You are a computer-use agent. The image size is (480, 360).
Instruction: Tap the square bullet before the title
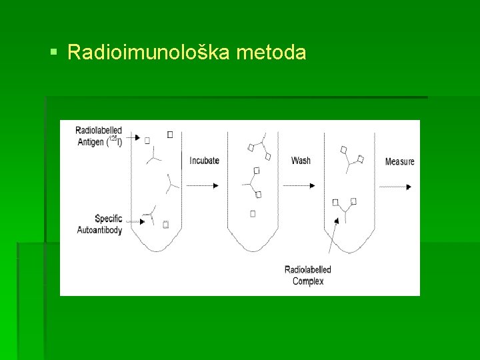tap(54, 51)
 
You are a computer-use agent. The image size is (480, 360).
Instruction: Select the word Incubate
tap(204, 161)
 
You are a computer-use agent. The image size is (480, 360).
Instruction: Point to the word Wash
tap(301, 161)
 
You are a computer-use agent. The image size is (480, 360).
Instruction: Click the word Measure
tap(399, 161)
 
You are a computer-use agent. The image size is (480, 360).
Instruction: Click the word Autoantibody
tap(99, 230)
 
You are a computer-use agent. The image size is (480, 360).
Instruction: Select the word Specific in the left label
tap(108, 219)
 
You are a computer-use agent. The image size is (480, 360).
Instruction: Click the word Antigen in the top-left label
tap(90, 142)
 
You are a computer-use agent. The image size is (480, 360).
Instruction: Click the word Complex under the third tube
tap(308, 281)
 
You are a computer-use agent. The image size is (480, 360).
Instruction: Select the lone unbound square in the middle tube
tap(253, 213)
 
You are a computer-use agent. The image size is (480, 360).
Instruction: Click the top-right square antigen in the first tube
tap(169, 135)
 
